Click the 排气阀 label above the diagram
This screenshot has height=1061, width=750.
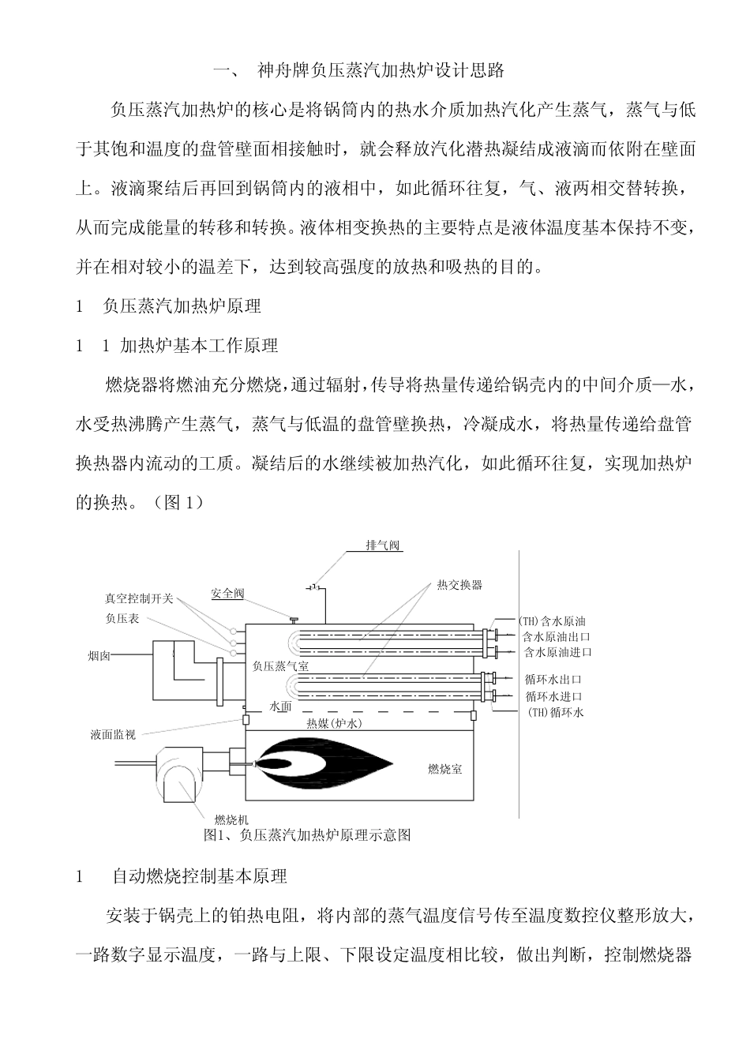[383, 545]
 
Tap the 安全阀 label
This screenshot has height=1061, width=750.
[228, 594]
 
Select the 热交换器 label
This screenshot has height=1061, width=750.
[459, 585]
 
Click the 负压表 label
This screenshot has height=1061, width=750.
[122, 618]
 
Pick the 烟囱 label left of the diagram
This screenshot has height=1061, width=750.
[99, 655]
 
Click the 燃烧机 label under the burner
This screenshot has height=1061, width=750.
[231, 819]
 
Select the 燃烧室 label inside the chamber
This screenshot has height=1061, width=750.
[444, 768]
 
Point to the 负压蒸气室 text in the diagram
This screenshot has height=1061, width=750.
[280, 666]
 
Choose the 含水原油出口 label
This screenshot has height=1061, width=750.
[557, 636]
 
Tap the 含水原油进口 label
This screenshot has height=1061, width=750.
[557, 652]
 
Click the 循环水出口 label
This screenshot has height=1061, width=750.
[553, 679]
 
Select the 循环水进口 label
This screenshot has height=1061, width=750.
[553, 696]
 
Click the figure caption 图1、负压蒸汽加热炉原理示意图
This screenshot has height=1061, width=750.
[307, 834]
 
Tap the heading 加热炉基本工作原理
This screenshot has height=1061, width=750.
[199, 345]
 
